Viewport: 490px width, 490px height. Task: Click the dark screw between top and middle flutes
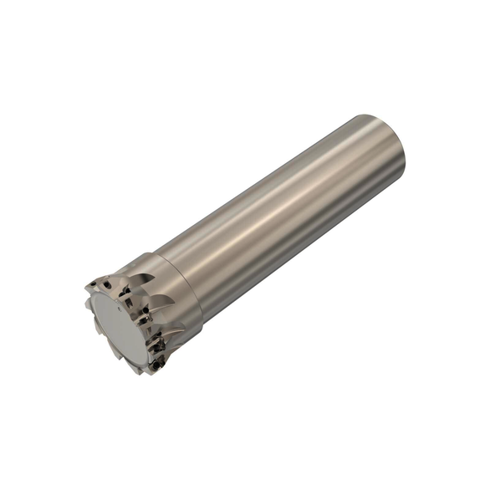click(147, 311)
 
